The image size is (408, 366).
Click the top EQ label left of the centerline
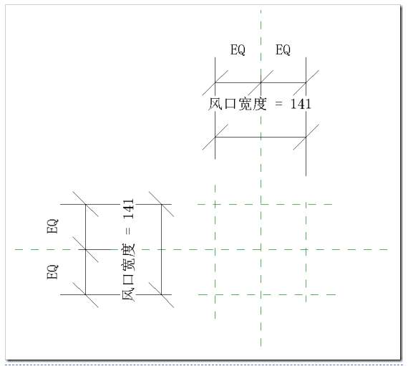[x=238, y=49]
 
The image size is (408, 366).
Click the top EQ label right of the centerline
[x=283, y=49]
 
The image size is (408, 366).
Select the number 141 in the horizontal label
[x=301, y=104]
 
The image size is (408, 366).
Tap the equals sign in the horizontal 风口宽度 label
[x=278, y=104]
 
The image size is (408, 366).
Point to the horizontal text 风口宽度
[x=238, y=104]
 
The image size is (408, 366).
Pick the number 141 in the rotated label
[x=129, y=209]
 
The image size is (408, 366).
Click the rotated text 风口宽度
[x=128, y=272]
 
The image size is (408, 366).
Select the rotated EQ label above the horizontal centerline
[x=52, y=226]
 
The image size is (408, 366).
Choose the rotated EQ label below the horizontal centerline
[x=52, y=272]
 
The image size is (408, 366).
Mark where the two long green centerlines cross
[x=261, y=249]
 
